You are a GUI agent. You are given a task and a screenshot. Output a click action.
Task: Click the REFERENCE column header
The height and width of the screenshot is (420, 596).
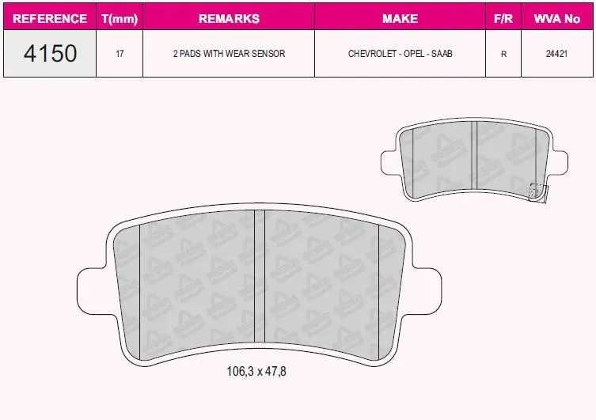(50, 19)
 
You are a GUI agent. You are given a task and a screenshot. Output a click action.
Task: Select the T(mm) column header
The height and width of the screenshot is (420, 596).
(120, 19)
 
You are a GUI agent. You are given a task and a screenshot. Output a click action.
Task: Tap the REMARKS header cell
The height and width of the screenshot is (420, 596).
(229, 19)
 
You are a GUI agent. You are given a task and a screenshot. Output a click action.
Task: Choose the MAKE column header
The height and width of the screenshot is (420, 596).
(400, 19)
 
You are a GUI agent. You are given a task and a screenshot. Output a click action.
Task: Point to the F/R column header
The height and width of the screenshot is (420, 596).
(503, 19)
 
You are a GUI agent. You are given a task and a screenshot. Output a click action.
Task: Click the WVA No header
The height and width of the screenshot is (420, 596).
(557, 19)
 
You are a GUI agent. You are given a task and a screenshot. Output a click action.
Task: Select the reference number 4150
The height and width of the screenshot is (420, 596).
(50, 53)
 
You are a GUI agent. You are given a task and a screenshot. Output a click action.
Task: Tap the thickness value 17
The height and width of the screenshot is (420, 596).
(120, 54)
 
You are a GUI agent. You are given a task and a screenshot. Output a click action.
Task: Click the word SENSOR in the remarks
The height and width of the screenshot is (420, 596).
(268, 54)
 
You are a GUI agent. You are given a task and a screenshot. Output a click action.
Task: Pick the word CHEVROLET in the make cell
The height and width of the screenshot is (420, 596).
(373, 54)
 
